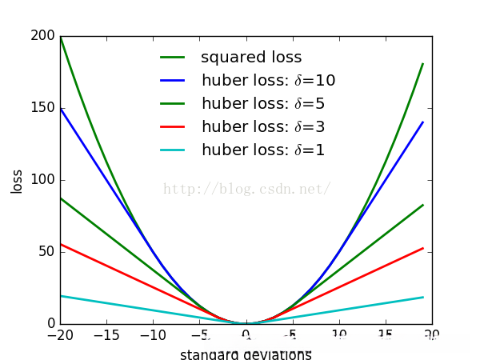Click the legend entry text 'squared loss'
(251, 58)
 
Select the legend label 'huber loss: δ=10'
(268, 81)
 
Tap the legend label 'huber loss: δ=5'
(262, 104)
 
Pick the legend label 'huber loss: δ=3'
(262, 127)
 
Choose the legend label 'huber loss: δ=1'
(262, 150)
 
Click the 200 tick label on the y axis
(42, 36)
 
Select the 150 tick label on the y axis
(42, 108)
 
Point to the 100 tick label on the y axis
(42, 180)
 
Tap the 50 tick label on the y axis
(46, 252)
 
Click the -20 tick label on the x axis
(58, 336)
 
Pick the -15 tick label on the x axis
(106, 336)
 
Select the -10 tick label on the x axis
(152, 336)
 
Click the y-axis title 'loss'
(17, 180)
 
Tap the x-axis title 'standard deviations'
(246, 354)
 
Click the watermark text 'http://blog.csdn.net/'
(246, 190)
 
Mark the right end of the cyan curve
(423, 298)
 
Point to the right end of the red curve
(423, 248)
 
